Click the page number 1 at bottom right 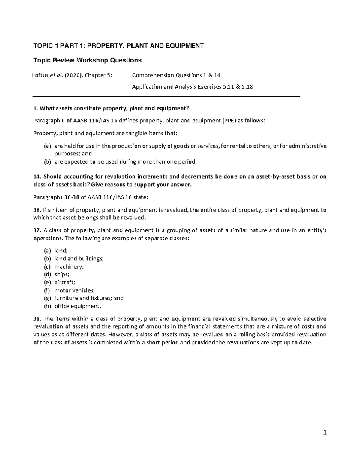324,433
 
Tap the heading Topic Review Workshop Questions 87,60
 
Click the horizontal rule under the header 166,97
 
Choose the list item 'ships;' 62,274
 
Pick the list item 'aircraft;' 65,282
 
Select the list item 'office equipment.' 78,306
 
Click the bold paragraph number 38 37,319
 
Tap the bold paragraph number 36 37,210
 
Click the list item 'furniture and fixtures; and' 89,298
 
